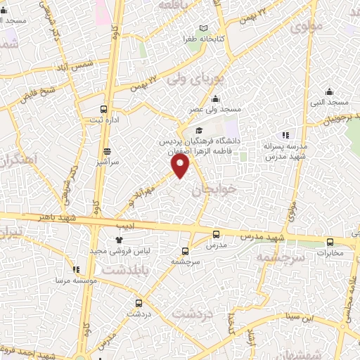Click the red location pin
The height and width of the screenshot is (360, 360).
pos(181,165)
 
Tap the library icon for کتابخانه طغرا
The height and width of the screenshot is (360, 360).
pos(204,28)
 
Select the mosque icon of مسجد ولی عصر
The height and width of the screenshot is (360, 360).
pos(214,99)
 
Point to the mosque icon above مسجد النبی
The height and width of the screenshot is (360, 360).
pos(329,91)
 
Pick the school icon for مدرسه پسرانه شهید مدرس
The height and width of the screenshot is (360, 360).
pos(285,134)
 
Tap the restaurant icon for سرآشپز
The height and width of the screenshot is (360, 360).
pos(107,151)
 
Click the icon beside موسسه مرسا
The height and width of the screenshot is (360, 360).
pos(76,269)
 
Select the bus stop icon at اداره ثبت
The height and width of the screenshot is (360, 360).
pos(104,109)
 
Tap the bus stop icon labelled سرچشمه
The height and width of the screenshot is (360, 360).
pos(186,250)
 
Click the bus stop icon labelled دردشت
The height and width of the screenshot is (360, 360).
pos(139,303)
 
